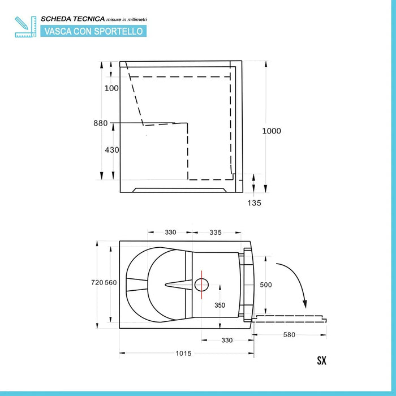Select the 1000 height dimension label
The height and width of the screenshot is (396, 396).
[x=272, y=131]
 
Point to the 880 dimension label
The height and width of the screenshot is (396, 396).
[x=101, y=123]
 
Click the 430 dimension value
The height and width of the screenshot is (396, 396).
[x=112, y=150]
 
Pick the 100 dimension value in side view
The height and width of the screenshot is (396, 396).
[x=111, y=88]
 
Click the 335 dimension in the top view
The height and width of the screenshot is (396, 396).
[x=215, y=232]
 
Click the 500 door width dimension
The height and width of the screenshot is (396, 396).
[x=266, y=285]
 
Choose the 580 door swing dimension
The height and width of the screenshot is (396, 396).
[x=289, y=335]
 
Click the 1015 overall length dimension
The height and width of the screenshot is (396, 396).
[x=183, y=354]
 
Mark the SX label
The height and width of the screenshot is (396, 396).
[x=321, y=360]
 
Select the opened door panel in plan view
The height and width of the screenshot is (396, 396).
[x=290, y=317]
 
